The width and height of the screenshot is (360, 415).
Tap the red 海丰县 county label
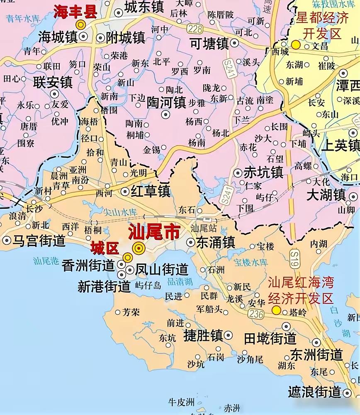pos(75,12)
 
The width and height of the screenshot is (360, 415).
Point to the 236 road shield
pos(256,314)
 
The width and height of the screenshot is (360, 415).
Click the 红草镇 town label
pos(151,191)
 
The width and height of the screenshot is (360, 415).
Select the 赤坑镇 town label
pos(263,172)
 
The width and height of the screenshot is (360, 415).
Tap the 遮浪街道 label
pos(315,391)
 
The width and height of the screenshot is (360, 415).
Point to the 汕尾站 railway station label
pos(202,228)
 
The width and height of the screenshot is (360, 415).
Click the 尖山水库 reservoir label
pos(121,212)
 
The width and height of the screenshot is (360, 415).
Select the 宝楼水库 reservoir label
pos(251,262)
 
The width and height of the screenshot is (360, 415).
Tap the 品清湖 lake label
pos(180,281)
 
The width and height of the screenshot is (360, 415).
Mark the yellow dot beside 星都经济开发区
pos(295,45)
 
